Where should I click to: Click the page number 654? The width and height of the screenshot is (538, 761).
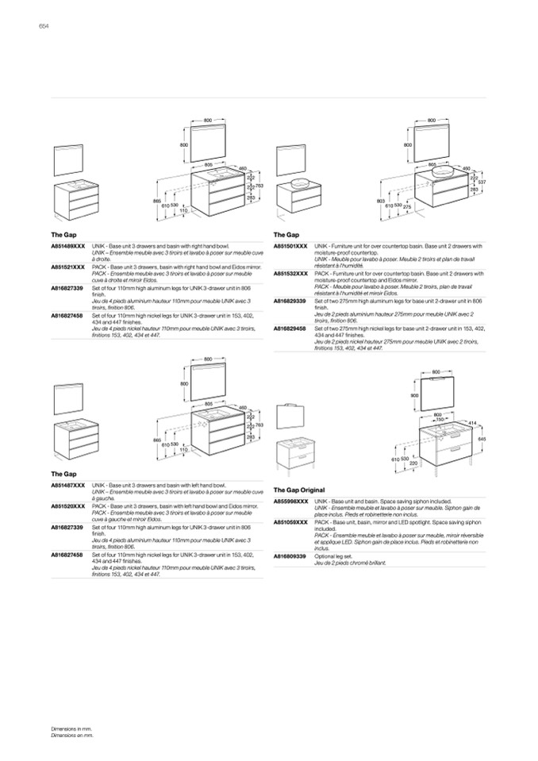[44, 26]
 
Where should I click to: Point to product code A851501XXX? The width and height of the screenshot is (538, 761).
[290, 248]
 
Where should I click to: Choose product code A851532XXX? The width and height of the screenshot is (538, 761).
[290, 273]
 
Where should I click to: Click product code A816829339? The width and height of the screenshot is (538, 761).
[290, 302]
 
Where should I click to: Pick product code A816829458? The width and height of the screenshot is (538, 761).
[290, 327]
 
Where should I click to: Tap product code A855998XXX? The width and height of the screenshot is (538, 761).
[290, 502]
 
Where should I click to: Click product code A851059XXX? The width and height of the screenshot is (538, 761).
[290, 522]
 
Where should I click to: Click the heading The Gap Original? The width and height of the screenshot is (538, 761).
[300, 490]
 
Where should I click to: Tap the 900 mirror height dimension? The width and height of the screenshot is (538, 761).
[414, 395]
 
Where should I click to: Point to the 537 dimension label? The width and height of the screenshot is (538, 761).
[482, 183]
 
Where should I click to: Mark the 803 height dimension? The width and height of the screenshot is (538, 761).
[380, 202]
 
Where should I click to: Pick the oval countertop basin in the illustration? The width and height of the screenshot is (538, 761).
[302, 182]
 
